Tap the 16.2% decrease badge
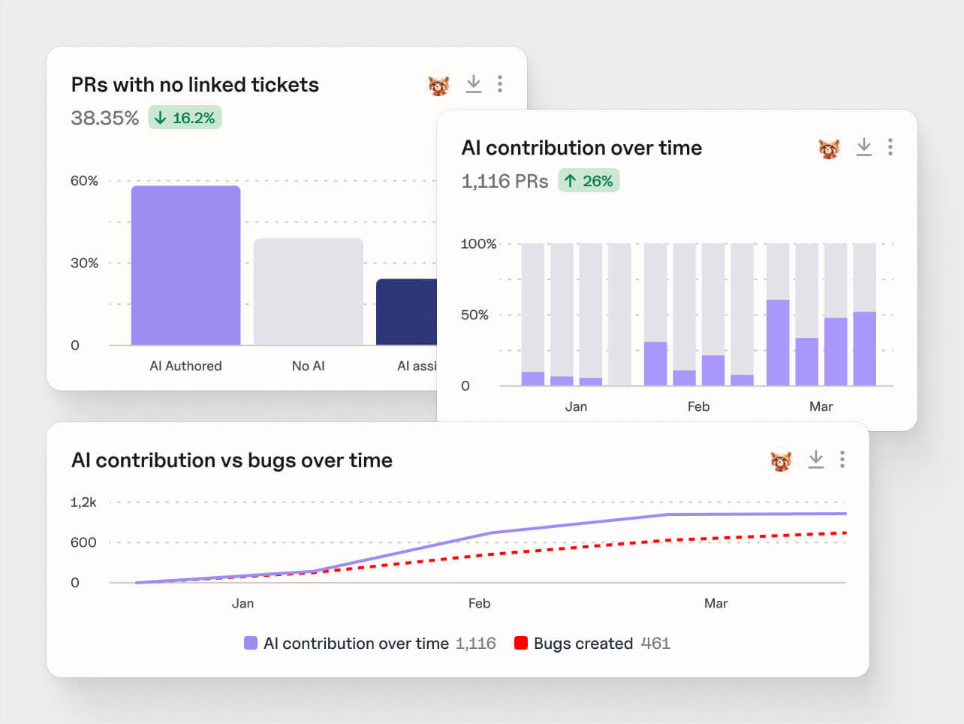click(185, 118)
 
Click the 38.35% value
click(104, 118)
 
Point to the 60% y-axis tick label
click(84, 181)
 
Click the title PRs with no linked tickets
click(194, 85)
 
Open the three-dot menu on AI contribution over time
click(890, 147)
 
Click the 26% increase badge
click(589, 181)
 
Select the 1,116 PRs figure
click(505, 181)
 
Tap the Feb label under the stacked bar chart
click(698, 406)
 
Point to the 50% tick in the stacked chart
click(474, 315)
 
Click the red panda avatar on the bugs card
click(781, 460)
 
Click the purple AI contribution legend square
click(251, 643)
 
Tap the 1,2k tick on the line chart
click(83, 502)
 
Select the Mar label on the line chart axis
click(715, 603)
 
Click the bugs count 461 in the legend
click(655, 644)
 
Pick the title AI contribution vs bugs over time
click(231, 460)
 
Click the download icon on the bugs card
click(815, 460)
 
